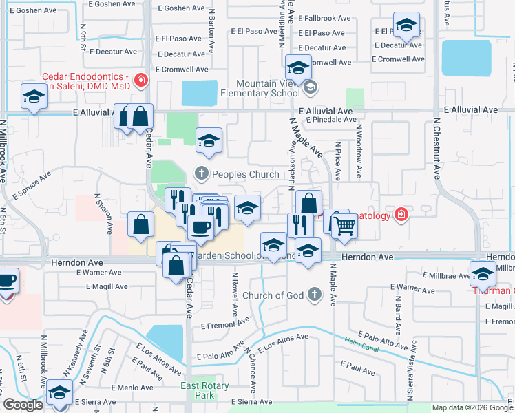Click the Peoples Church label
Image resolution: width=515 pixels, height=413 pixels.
tap(245, 174)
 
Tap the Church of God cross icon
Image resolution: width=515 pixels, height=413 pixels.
tap(315, 295)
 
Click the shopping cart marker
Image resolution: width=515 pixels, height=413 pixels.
tap(344, 225)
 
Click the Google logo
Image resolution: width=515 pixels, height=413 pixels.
tap(23, 405)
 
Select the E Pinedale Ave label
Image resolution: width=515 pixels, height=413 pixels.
tap(330, 119)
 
